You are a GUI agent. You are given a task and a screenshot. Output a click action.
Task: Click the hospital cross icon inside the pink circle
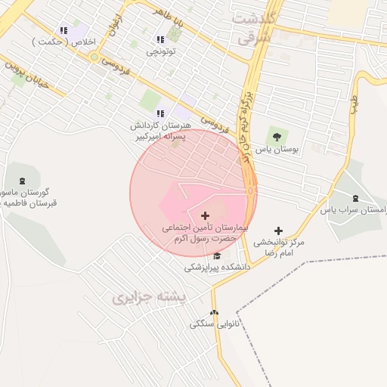(205, 215)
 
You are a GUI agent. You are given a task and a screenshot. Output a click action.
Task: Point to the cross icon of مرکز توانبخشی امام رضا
(278, 231)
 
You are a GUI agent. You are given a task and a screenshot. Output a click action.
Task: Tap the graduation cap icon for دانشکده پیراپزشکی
(218, 255)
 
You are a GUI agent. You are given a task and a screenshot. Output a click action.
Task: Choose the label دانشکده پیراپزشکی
(217, 268)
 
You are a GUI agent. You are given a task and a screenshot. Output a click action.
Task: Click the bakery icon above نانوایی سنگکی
(214, 312)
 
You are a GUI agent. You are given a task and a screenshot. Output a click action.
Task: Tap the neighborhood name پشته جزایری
(149, 297)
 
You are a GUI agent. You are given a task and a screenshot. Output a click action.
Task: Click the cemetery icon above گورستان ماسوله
(20, 181)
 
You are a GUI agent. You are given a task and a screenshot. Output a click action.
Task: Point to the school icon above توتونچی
(159, 39)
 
